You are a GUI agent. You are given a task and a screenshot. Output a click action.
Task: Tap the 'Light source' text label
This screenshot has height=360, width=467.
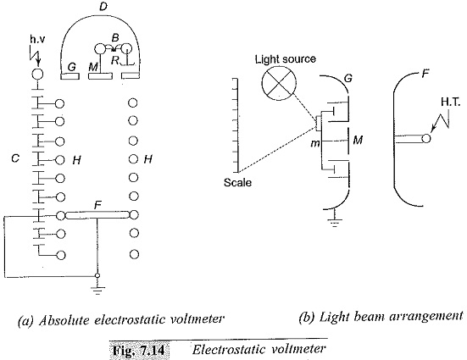[286, 59]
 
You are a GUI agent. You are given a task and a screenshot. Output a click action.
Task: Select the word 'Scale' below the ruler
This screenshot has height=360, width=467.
[237, 182]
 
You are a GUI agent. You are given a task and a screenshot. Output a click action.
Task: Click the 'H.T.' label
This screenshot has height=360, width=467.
[451, 102]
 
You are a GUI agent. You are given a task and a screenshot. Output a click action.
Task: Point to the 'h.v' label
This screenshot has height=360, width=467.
[37, 39]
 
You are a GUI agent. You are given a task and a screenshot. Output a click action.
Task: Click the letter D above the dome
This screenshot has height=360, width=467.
[103, 7]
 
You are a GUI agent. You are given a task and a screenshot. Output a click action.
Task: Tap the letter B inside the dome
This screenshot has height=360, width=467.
[115, 38]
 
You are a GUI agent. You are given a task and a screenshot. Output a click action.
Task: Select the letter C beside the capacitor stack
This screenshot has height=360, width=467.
[15, 158]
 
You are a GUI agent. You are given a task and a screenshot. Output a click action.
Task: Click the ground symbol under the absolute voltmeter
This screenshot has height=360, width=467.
[97, 291]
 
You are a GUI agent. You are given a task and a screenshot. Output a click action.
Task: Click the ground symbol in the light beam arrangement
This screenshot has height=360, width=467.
[335, 223]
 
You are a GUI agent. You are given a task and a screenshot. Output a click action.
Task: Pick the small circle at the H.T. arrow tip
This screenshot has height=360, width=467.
[426, 138]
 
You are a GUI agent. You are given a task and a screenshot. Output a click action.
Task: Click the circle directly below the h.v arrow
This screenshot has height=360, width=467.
[37, 74]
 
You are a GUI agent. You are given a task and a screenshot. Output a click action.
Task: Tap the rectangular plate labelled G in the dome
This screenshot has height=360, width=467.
[70, 76]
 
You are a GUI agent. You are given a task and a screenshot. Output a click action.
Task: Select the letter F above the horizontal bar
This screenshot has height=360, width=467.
[97, 205]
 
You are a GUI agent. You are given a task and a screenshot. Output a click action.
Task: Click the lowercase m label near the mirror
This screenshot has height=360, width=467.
[314, 144]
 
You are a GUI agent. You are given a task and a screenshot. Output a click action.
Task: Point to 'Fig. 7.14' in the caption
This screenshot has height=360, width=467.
[139, 351]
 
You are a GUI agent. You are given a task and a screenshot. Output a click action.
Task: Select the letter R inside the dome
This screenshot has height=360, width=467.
[114, 60]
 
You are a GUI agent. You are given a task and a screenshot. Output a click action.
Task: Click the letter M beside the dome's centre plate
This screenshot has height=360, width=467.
[93, 67]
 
